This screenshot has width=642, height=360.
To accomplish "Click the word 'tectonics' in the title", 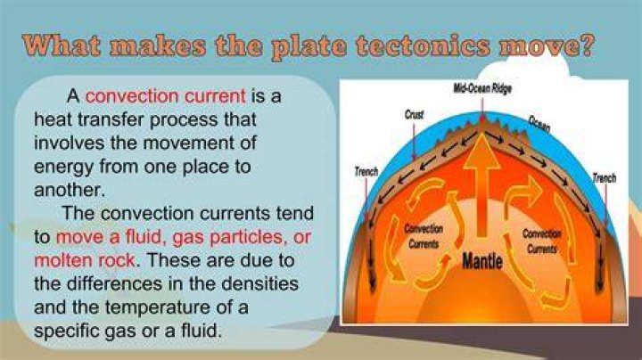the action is point(423,45).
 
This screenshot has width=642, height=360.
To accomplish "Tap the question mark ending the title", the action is point(587,45).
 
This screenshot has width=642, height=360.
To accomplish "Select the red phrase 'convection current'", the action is point(166,96).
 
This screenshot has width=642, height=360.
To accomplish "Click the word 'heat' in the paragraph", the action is point(53,119).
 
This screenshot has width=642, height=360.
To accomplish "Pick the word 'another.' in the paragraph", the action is point(70,190).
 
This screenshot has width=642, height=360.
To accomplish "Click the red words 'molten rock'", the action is point(85,260).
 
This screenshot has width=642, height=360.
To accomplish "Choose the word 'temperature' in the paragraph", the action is point(157,307).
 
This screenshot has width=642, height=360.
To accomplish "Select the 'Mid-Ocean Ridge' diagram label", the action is point(482,88).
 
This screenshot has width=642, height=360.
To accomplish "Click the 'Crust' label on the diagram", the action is point(414,115).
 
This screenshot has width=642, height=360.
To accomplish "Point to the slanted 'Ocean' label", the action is point(539,125).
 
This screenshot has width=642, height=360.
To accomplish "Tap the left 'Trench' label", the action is point(366,171).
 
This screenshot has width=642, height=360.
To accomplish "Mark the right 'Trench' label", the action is point(605,178).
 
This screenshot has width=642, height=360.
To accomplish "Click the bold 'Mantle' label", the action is point(482,260).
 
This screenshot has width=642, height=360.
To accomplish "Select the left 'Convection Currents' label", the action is point(424,236).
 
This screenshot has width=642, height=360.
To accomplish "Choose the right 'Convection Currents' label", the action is point(542,241).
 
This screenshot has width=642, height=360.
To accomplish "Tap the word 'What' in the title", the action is point(62,45).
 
